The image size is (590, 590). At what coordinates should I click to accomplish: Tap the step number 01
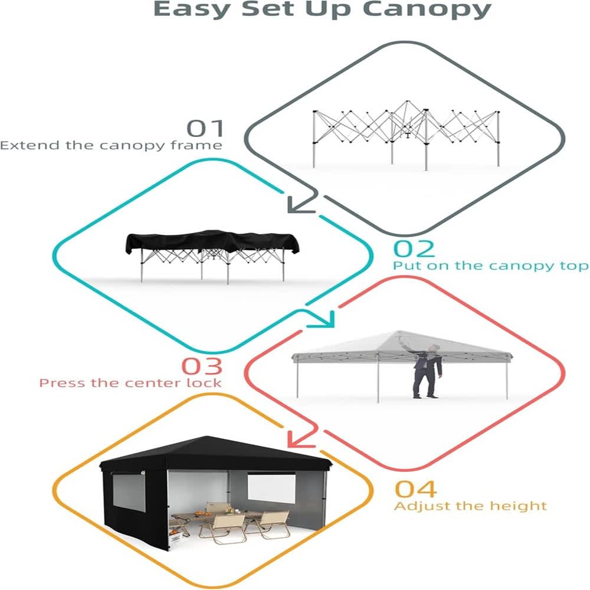click(205, 128)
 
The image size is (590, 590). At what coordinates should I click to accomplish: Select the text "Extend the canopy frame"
click(111, 145)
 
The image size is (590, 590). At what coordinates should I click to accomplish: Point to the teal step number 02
click(414, 249)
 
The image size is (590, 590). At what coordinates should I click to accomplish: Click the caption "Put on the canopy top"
click(491, 266)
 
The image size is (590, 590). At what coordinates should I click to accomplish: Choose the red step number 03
click(202, 366)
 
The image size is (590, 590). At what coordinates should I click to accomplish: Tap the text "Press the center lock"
click(130, 383)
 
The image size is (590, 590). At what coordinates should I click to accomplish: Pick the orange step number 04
click(416, 489)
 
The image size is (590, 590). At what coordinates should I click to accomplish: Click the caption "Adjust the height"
click(470, 506)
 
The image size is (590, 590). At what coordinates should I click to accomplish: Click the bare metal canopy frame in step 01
click(407, 136)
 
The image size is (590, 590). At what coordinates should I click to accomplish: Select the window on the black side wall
click(129, 493)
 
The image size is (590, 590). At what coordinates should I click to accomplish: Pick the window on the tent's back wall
click(271, 488)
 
